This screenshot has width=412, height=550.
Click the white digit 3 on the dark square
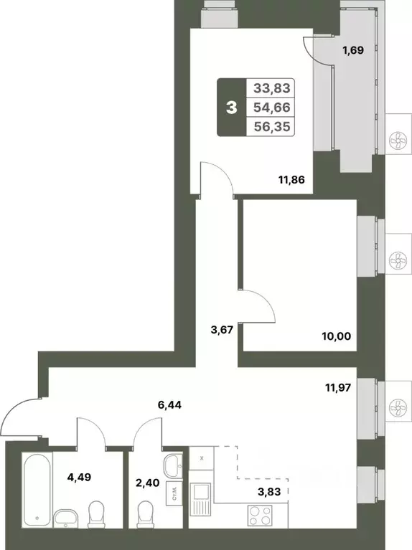[231, 108]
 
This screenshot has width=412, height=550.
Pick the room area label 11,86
[292, 180]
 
